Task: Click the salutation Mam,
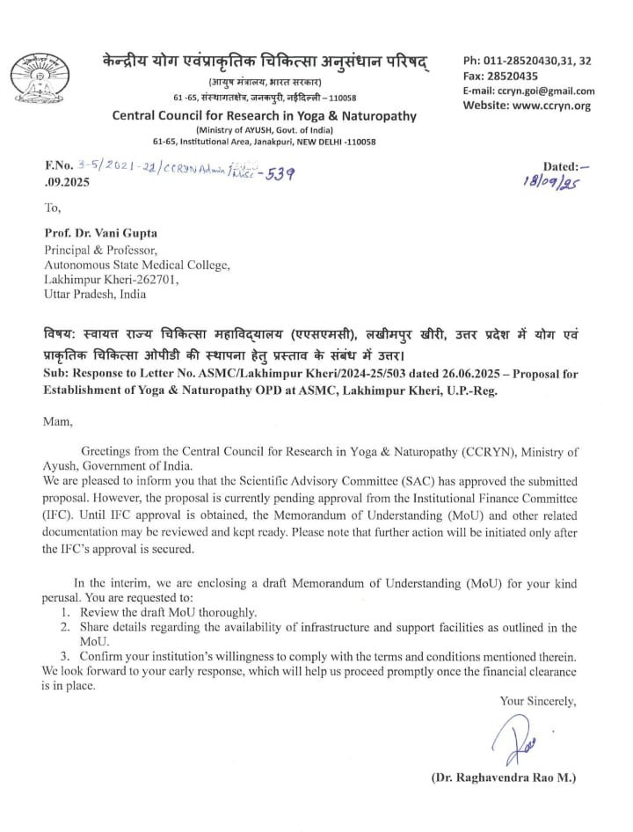[58, 421]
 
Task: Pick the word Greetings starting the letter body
[109, 451]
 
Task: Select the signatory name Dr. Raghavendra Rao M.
[504, 778]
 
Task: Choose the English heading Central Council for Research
[264, 116]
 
